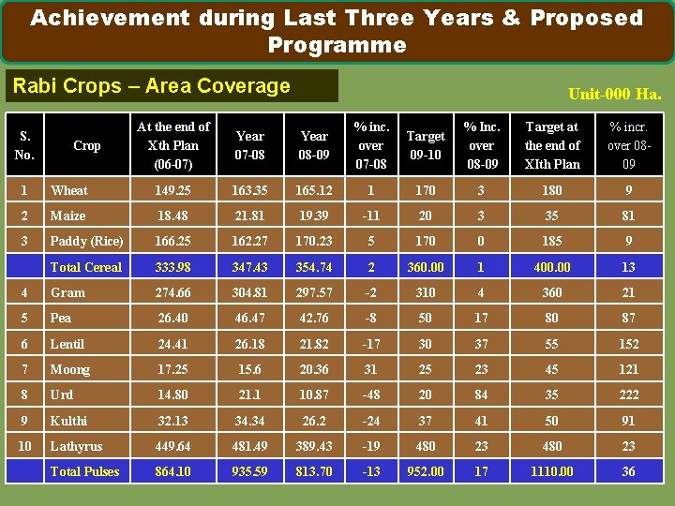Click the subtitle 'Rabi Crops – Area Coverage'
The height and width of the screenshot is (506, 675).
pos(151,86)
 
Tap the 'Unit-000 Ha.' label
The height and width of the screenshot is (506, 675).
pos(614,94)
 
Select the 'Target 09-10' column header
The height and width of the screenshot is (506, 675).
pos(425,145)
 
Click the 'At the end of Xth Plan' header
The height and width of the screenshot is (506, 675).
pos(173,145)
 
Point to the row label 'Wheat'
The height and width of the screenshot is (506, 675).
pos(69,190)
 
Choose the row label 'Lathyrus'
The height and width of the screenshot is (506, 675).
pos(76,446)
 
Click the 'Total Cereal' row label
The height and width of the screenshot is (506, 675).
pos(85,267)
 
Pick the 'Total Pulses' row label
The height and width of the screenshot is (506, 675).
pos(84,471)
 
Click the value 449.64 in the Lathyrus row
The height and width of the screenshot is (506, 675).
pos(172,446)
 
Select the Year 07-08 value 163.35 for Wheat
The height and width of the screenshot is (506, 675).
pos(249,190)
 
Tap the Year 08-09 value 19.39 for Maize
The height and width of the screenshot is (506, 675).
pos(313,216)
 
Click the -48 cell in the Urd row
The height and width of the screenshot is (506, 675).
pos(371,394)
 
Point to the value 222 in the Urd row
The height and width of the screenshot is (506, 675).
pos(628,394)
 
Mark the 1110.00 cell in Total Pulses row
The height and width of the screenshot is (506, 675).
pos(552,471)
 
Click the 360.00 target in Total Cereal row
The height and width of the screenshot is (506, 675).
pos(425,267)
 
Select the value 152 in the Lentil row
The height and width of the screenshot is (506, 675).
pos(628,344)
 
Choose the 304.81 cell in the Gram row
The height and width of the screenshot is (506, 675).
pos(249,292)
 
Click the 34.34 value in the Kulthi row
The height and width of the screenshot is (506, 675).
pos(249,421)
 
